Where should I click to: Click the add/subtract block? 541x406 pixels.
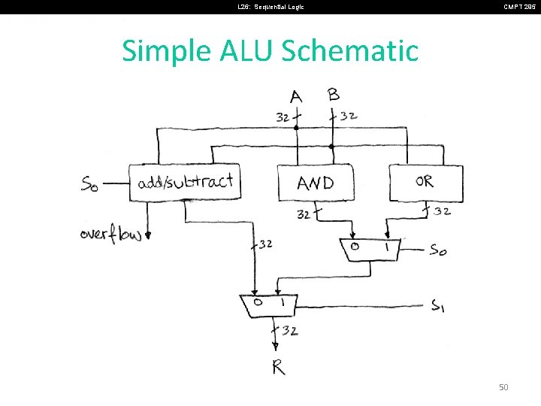[185, 182]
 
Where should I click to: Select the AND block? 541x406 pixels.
[316, 183]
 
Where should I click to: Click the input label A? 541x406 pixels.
[296, 97]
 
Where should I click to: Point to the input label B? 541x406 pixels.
[334, 95]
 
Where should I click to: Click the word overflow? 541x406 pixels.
[110, 235]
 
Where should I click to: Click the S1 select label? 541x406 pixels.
[440, 305]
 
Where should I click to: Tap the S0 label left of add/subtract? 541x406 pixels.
[89, 183]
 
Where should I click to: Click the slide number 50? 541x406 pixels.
[503, 386]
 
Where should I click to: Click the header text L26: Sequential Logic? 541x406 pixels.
[271, 7]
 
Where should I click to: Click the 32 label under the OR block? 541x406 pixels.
[442, 211]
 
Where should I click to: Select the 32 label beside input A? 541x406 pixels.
[283, 117]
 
